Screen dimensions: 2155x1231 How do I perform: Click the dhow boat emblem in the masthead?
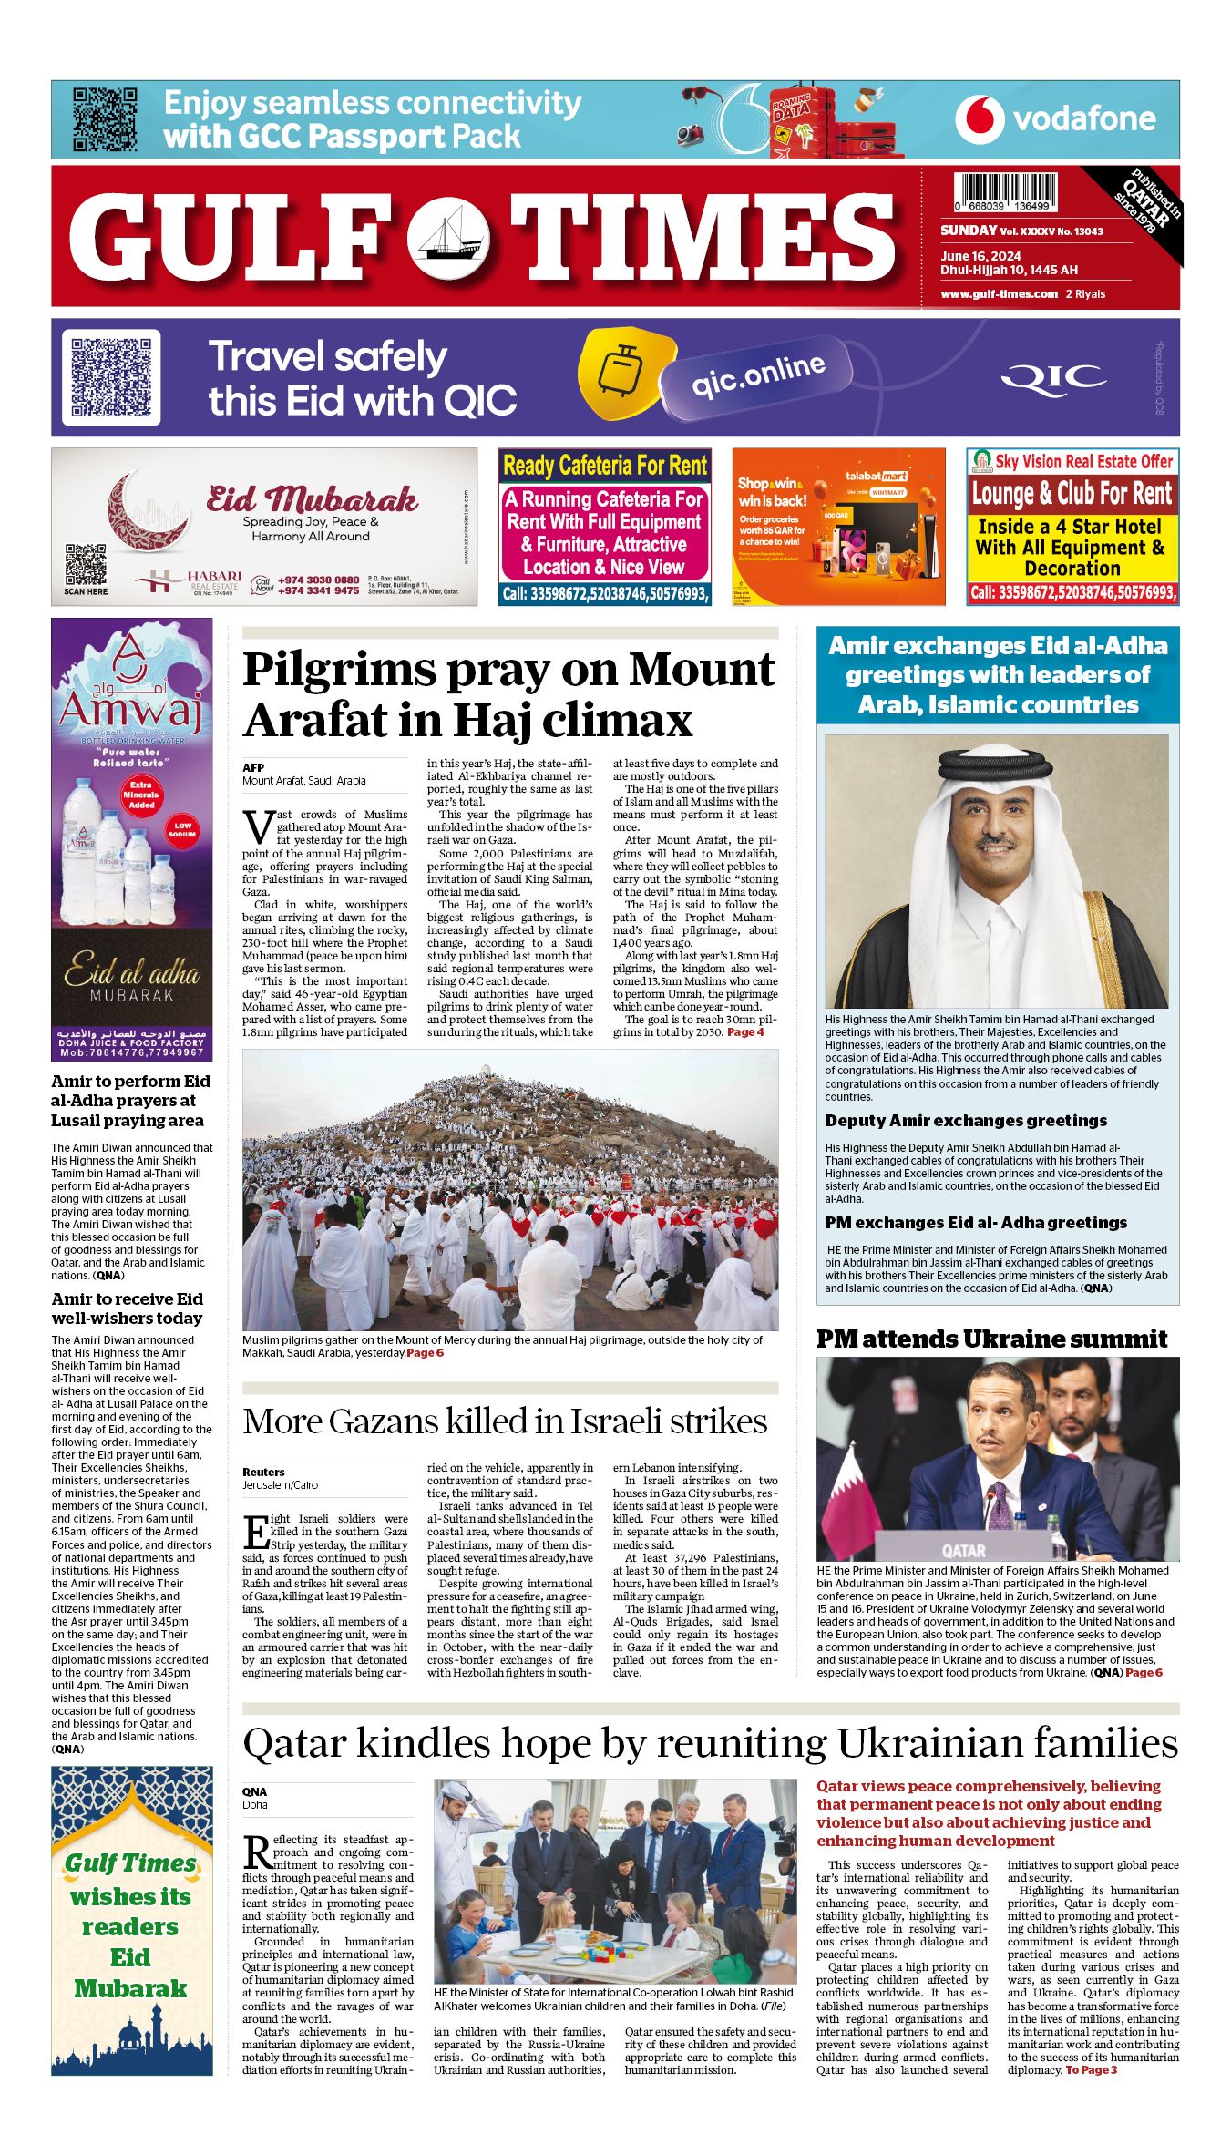coord(449,239)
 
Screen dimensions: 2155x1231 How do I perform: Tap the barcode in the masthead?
coord(1006,192)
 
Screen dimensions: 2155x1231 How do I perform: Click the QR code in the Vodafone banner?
coord(105,119)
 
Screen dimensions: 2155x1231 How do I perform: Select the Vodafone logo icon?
coord(980,119)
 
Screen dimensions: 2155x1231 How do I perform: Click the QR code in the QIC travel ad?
coord(111,377)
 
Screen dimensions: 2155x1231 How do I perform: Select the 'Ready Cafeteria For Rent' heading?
coord(605,466)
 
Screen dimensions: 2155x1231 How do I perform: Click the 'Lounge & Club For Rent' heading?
coord(1072,494)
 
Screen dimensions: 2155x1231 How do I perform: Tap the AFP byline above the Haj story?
coord(253,768)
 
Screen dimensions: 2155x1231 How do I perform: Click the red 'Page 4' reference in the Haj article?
coord(745,1032)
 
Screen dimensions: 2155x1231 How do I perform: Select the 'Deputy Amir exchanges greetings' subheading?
coord(966,1121)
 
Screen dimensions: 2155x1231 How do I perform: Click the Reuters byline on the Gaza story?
coord(263,1472)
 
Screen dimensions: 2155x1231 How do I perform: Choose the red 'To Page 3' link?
coord(1091,2070)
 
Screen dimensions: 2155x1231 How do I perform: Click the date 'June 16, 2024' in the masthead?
coord(980,256)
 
